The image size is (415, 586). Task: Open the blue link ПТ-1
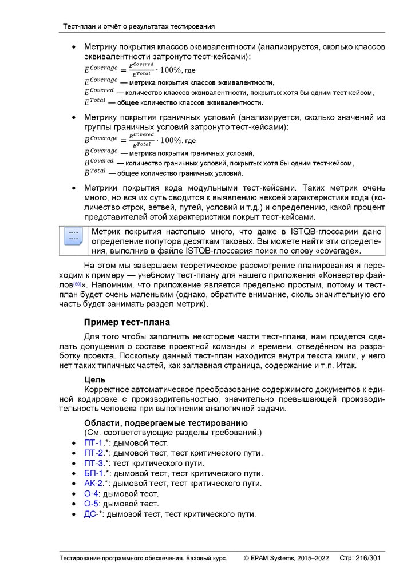[94, 443]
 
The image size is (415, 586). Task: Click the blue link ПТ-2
[94, 453]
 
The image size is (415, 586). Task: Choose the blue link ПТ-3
[94, 463]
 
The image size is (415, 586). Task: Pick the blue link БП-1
[94, 473]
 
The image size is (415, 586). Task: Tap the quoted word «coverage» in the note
[335, 251]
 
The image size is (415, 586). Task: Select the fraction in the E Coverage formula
[141, 69]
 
